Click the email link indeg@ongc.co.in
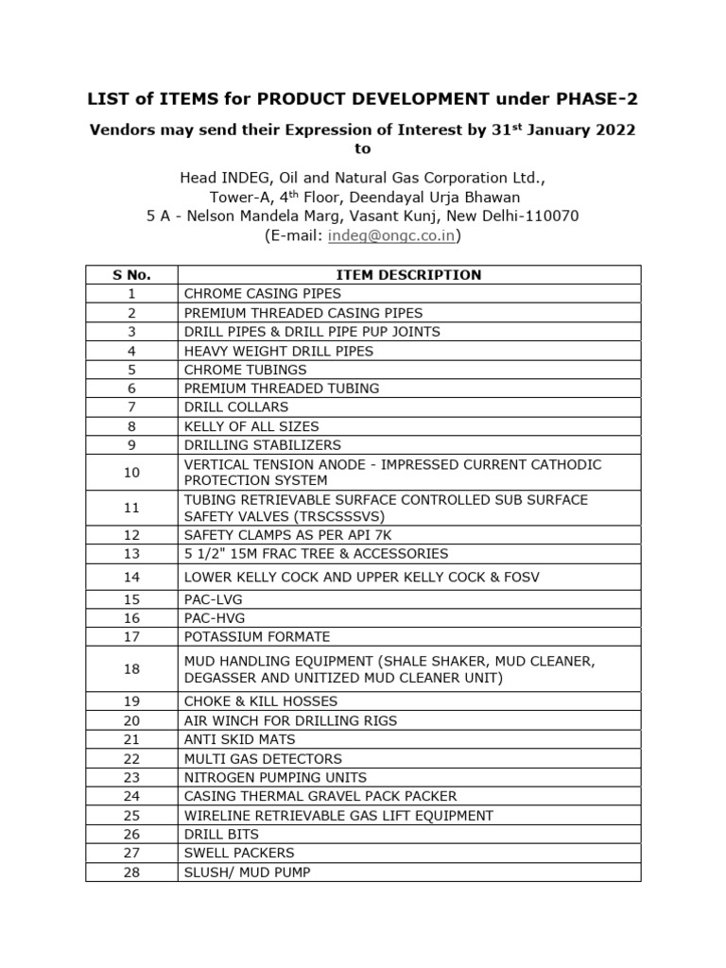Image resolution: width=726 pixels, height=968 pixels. click(391, 236)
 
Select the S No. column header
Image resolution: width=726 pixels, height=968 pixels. click(131, 275)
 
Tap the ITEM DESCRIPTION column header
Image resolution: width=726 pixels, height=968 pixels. click(408, 275)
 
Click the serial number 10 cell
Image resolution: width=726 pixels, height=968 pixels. click(131, 473)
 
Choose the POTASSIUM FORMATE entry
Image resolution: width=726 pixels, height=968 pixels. click(257, 637)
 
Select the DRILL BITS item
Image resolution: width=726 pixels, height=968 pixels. click(221, 834)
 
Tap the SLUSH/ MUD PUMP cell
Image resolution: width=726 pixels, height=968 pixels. click(247, 873)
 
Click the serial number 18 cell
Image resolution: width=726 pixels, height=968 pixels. click(131, 669)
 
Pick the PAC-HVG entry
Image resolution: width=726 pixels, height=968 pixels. click(215, 618)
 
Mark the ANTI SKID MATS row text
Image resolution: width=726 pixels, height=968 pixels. click(240, 739)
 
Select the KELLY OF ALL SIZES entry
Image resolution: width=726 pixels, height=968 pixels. click(251, 426)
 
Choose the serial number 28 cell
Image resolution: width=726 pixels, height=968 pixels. click(131, 873)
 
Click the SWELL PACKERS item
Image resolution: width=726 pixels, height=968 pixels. click(239, 853)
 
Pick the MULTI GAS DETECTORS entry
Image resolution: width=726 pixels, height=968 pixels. click(263, 758)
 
